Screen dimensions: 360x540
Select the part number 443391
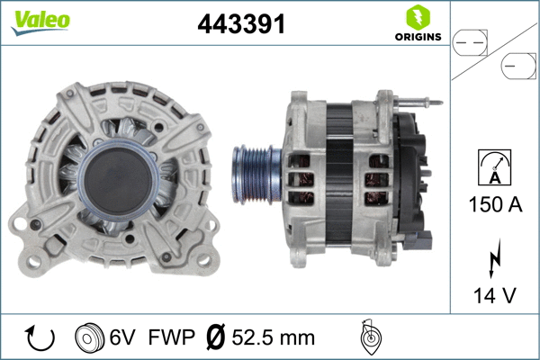pyautogui.click(x=240, y=25)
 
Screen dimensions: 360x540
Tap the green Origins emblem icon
pyautogui.click(x=417, y=17)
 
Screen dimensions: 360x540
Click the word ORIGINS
pyautogui.click(x=417, y=37)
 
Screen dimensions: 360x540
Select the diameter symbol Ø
pyautogui.click(x=215, y=338)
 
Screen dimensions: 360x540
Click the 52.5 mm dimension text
pyautogui.click(x=272, y=338)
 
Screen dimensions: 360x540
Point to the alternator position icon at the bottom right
pyautogui.click(x=368, y=337)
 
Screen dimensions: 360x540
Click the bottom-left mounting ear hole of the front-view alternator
pyautogui.click(x=20, y=221)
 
